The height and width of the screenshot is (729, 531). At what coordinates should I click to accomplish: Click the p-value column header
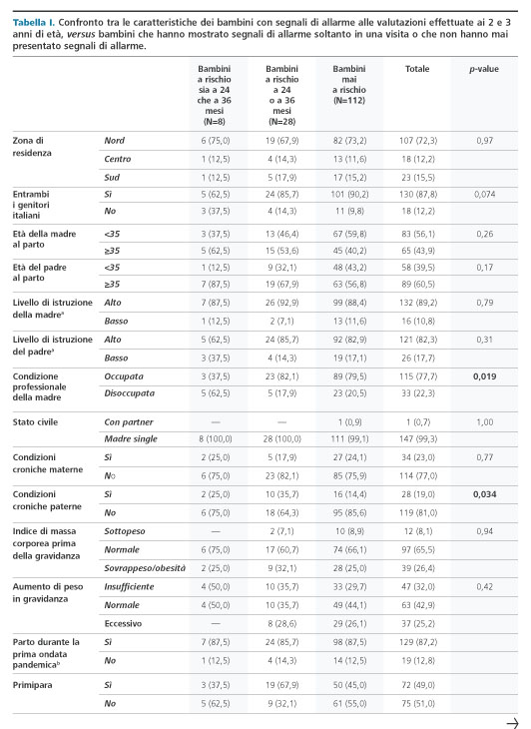(x=484, y=69)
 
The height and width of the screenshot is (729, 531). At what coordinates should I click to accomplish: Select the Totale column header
(x=417, y=69)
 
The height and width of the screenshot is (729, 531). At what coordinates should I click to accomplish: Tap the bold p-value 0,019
(x=484, y=376)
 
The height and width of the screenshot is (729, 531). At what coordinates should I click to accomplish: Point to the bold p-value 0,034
(x=484, y=494)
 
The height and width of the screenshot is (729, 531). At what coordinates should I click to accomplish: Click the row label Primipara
(x=32, y=685)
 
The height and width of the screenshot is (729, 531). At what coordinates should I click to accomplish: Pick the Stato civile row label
(x=35, y=422)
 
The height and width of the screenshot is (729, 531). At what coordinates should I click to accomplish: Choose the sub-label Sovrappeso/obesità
(x=145, y=568)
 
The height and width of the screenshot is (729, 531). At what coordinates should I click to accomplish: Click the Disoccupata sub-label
(x=129, y=393)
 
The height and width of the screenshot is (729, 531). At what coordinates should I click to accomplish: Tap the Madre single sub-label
(x=131, y=438)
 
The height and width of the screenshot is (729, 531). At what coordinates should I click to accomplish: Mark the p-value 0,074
(x=484, y=195)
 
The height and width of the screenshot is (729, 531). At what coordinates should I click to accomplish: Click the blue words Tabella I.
(x=34, y=22)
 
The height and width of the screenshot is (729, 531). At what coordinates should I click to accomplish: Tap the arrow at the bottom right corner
(x=512, y=723)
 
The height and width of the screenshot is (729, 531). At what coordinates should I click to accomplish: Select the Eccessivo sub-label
(x=123, y=623)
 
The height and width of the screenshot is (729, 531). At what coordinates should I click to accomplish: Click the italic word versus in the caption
(x=81, y=34)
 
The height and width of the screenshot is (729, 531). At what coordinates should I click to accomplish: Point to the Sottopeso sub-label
(x=125, y=531)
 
